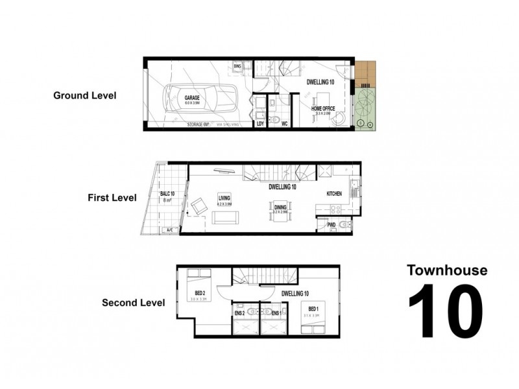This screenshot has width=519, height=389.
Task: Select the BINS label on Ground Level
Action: click(x=239, y=66)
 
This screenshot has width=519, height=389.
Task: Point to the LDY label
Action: click(x=260, y=123)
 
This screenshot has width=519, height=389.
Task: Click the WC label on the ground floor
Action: click(x=284, y=123)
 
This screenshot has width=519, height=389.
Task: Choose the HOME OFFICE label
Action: click(x=322, y=108)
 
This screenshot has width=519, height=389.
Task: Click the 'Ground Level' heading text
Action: click(x=84, y=95)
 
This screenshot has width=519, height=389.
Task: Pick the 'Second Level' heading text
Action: click(x=133, y=302)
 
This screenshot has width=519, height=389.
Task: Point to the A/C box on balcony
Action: click(x=170, y=230)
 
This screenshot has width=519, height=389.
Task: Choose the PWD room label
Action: click(x=332, y=225)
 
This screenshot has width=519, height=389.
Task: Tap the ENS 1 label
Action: click(x=276, y=313)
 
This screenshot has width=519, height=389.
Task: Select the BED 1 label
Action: click(x=313, y=309)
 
